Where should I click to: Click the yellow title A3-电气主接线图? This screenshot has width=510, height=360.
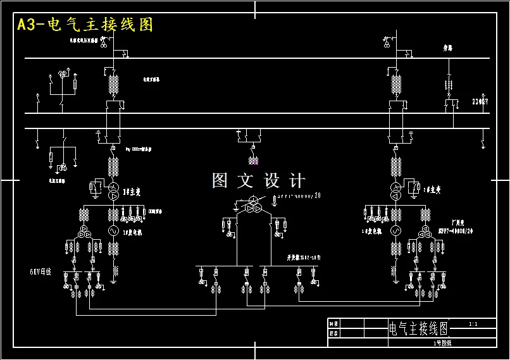point(85,25)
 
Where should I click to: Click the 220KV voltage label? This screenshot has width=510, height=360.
point(480,101)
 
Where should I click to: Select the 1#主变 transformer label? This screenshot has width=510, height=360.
point(131,190)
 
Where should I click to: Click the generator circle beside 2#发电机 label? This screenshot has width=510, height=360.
point(396,230)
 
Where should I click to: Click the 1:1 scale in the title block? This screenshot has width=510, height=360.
point(473,324)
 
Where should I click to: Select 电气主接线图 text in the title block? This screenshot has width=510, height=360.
point(418,328)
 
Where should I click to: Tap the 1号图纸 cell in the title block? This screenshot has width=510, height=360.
point(438,342)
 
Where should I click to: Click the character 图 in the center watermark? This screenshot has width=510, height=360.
point(220,181)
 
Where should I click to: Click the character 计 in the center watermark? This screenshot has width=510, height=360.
point(296,181)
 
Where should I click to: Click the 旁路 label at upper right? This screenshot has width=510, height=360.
point(448,47)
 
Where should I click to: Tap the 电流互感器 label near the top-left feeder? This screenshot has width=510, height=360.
point(150,80)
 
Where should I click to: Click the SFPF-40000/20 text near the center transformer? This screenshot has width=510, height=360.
point(299,196)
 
